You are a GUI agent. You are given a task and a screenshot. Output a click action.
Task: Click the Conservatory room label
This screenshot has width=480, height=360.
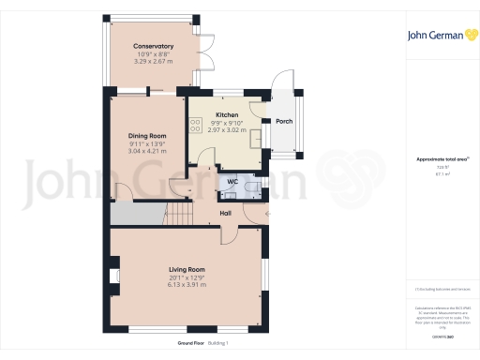coord(153,46)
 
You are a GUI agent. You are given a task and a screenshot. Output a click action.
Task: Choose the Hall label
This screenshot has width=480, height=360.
coord(226,213)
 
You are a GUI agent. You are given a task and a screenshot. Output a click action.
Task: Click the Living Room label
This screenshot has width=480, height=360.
coord(187,269)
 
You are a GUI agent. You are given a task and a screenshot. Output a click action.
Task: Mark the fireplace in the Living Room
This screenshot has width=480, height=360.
coord(114,277)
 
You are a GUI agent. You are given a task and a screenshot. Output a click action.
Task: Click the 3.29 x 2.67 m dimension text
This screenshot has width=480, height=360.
coord(153,61)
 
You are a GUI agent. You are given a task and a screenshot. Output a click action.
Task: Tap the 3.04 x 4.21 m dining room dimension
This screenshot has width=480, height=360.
coord(147,150)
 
